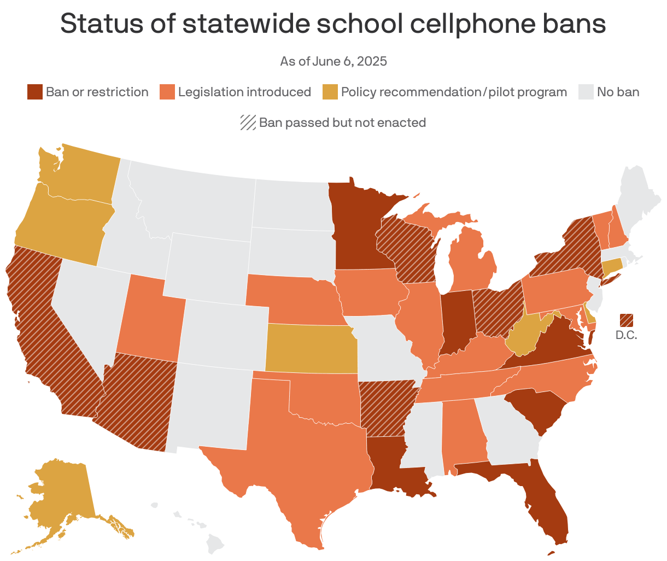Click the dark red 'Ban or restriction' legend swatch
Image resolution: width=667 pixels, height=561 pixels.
tap(35, 92)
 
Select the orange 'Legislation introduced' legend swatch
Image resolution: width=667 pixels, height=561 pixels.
tap(167, 92)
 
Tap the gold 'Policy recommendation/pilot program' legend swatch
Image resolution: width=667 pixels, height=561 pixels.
tap(330, 92)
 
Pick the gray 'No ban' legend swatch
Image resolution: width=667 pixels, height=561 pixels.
tap(586, 92)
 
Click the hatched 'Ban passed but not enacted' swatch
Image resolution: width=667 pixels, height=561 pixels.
tap(248, 122)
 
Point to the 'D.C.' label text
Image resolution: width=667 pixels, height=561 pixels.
tap(626, 335)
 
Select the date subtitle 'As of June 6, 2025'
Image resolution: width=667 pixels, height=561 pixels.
tap(333, 61)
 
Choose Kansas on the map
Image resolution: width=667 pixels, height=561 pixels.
tap(312, 347)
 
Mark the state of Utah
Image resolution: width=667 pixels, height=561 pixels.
tap(148, 320)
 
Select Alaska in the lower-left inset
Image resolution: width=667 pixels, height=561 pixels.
tap(60, 498)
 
